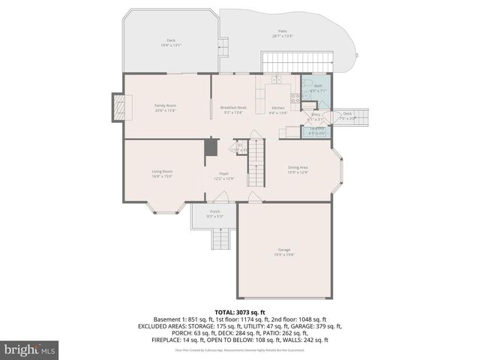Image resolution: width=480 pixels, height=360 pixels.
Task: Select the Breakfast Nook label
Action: pyautogui.click(x=233, y=107)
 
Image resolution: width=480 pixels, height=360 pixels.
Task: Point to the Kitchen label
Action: pyautogui.click(x=278, y=107)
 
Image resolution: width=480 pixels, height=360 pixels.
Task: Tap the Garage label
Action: pyautogui.click(x=283, y=253)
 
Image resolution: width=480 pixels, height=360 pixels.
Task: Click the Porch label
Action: pyautogui.click(x=214, y=212)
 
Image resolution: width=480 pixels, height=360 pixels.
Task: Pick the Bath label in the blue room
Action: pyautogui.click(x=318, y=87)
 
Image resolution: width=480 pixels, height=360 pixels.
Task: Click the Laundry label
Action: pyautogui.click(x=316, y=128)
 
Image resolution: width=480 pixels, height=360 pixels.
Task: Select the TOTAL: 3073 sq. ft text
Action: pyautogui.click(x=240, y=312)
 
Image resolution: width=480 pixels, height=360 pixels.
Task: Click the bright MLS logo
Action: pyautogui.click(x=30, y=349)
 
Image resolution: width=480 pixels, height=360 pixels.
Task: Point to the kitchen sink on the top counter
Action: pyautogui.click(x=276, y=79)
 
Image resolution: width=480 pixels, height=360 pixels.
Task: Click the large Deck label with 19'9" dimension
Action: pyautogui.click(x=171, y=41)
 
